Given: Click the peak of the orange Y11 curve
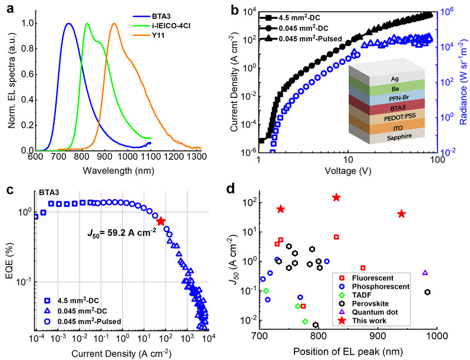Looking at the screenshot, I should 114,24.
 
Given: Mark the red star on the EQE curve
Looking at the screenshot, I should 161,221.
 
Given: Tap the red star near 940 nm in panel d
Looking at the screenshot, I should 402,214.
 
